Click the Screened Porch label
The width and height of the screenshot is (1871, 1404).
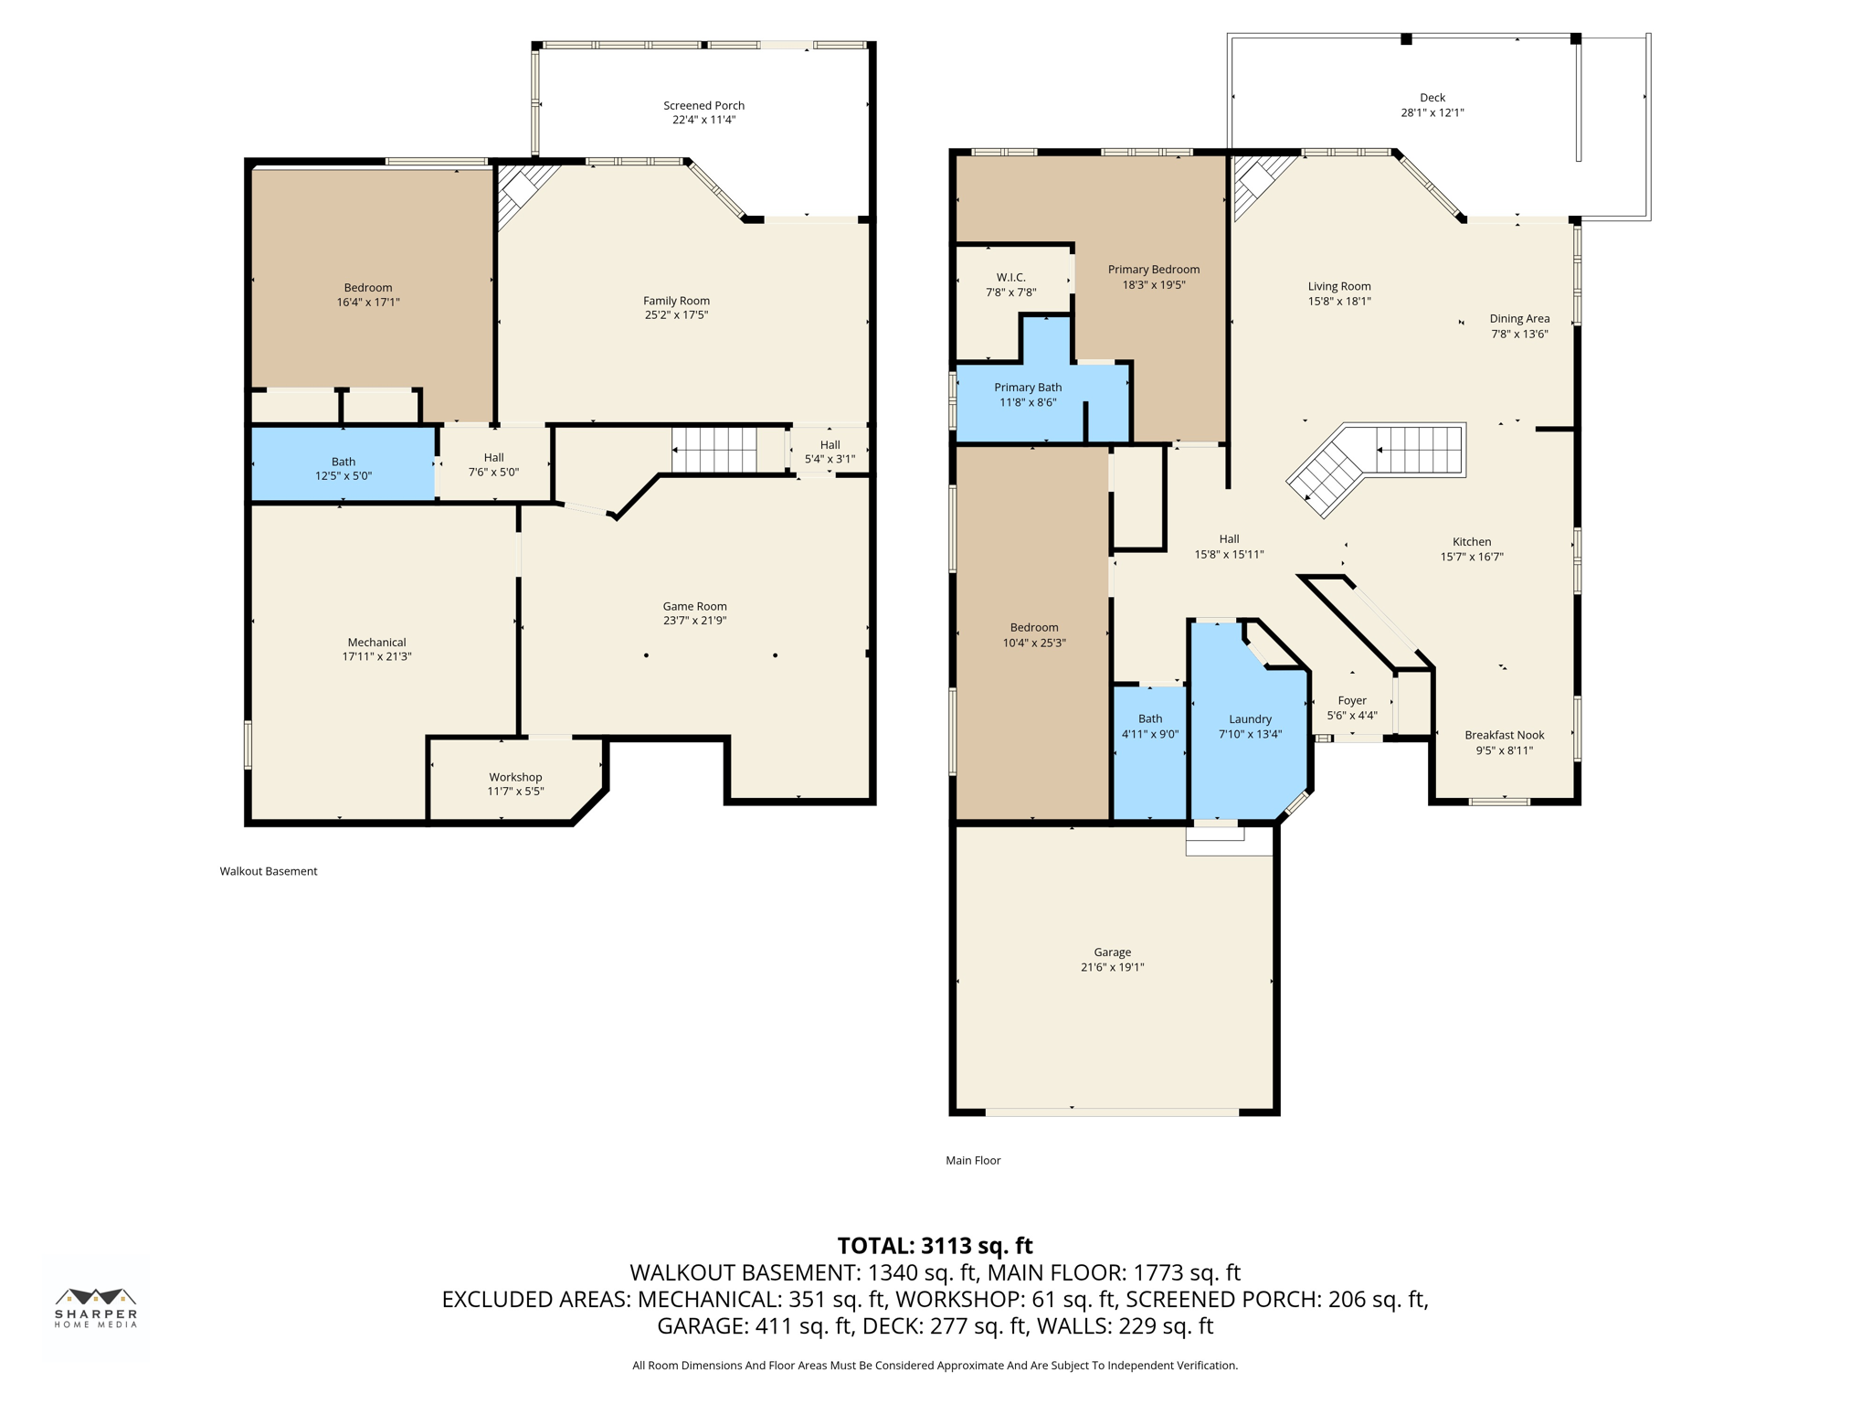703,105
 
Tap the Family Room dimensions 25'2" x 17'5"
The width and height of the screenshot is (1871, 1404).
675,315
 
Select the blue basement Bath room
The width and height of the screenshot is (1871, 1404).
343,464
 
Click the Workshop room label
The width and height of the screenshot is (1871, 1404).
515,777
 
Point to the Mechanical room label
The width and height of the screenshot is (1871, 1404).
376,643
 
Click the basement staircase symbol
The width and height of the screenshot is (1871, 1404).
714,450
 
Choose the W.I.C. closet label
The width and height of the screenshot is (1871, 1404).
1010,277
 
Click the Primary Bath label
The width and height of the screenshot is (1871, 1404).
1028,388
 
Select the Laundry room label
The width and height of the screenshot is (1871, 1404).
1250,719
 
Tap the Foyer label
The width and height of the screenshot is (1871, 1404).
1352,701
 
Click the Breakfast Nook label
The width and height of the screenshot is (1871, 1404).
1504,735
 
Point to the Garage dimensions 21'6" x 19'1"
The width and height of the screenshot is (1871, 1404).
1112,967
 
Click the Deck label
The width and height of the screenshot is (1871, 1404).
1432,98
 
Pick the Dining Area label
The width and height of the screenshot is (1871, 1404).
1519,319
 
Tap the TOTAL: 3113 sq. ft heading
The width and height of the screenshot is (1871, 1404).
935,1246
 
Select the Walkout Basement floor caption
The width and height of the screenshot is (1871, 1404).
269,871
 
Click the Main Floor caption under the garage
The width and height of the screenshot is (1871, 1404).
973,1160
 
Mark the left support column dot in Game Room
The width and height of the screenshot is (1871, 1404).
646,655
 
